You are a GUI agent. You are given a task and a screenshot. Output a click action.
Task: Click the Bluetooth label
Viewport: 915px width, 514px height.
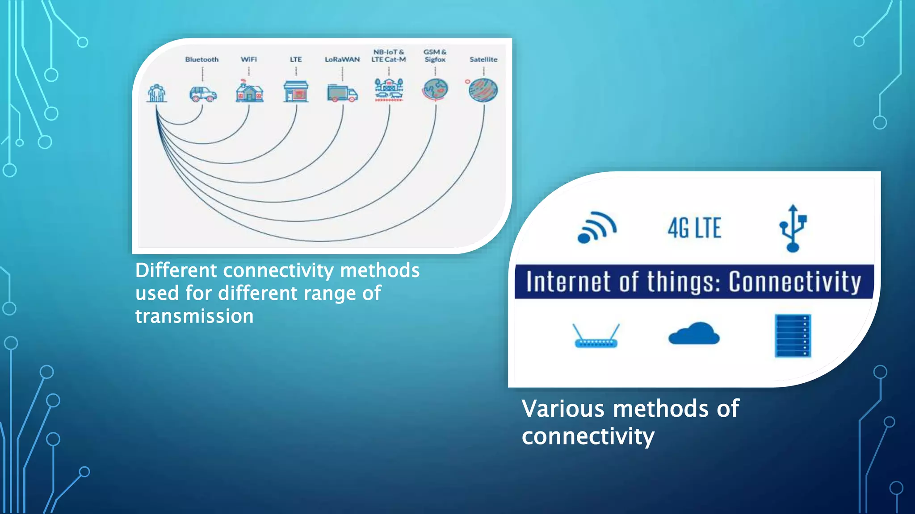point(202,59)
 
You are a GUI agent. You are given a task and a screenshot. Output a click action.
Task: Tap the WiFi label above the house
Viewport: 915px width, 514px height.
point(249,59)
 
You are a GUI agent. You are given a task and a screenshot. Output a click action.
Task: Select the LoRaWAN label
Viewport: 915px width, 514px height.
point(342,59)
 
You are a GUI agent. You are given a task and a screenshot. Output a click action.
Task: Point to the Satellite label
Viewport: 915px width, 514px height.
point(483,59)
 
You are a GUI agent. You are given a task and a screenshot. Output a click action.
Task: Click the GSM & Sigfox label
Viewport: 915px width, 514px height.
point(435,56)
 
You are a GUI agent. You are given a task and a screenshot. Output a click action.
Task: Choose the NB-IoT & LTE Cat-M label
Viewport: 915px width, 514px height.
point(389,56)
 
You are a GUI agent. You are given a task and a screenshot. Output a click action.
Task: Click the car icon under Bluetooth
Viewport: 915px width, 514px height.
point(203,94)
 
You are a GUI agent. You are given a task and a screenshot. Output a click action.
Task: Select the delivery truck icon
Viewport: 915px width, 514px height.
point(342,93)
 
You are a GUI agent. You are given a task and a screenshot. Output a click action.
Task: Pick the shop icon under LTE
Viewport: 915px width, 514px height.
point(296,91)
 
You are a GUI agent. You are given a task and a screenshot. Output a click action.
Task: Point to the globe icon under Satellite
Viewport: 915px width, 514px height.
point(483,90)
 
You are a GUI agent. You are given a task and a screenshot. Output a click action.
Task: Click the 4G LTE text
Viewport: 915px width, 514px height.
point(694,228)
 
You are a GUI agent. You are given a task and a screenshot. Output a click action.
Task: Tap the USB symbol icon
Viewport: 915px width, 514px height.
point(793,228)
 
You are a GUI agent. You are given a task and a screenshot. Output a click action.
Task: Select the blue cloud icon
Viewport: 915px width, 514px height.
point(694,334)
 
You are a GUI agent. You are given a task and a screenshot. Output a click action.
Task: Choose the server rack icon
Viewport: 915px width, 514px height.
point(793,336)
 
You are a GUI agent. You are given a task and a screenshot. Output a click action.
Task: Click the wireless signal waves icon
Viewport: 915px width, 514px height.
point(596,228)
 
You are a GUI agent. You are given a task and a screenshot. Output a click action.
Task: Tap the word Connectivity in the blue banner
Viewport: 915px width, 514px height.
point(795,282)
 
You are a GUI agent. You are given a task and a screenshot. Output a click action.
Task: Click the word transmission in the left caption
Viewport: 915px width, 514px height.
point(194,316)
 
